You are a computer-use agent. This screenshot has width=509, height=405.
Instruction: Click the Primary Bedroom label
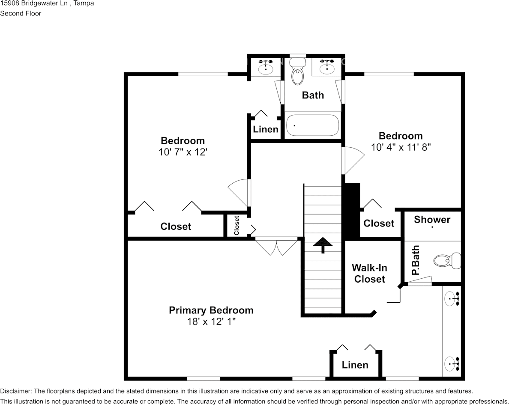point(211,310)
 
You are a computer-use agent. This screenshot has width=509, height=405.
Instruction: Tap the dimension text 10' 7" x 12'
point(183,152)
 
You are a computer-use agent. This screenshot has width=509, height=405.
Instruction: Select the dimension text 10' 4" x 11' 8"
point(401,147)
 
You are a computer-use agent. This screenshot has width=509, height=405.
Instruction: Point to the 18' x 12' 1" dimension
point(211,322)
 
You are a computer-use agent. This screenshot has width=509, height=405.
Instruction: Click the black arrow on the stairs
point(323,245)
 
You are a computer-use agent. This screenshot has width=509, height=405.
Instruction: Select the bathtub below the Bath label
point(312,125)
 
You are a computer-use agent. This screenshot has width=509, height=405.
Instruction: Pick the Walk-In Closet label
point(369,273)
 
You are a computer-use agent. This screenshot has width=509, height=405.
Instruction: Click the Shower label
point(432,220)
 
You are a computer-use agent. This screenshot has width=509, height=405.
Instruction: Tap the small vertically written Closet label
point(237,225)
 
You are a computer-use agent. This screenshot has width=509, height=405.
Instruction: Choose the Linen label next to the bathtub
point(266,129)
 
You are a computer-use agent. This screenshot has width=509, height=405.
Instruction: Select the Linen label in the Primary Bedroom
point(355,365)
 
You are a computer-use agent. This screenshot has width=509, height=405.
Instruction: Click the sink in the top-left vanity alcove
point(266,66)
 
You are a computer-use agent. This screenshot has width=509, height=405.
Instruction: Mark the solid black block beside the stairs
point(352,211)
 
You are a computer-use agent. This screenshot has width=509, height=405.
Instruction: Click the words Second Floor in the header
point(21,13)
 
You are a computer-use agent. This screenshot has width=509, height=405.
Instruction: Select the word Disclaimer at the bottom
point(15,391)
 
